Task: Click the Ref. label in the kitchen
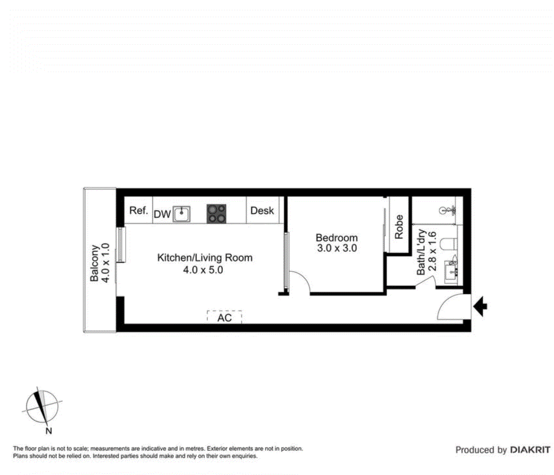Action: coord(138,210)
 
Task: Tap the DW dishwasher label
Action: coord(162,214)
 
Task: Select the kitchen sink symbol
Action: coord(182,214)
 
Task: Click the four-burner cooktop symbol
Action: coord(216,213)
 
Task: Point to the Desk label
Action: coord(262,210)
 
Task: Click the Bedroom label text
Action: coord(336,237)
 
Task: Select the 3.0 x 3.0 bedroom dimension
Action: coord(337,248)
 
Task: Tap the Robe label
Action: coord(399,227)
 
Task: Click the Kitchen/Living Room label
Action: coord(204,257)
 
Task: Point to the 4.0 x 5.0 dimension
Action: coord(203,270)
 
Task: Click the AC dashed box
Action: coord(224,317)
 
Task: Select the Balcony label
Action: coord(94,263)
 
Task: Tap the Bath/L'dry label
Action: coord(421,252)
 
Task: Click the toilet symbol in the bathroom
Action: coord(450,244)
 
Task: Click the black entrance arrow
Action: coord(480,306)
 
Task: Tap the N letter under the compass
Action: coord(49,431)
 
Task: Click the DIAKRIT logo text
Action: coord(530,450)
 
